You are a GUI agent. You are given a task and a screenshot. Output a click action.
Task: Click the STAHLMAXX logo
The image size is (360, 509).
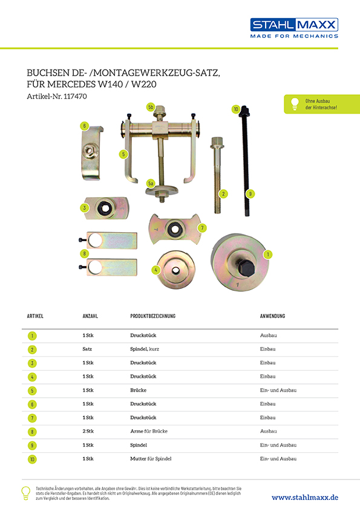(294, 28)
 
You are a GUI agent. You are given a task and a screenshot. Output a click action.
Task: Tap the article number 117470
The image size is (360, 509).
(76, 96)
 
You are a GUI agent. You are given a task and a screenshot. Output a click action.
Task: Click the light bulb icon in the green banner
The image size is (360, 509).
(295, 103)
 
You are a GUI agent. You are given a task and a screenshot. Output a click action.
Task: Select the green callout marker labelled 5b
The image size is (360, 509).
(151, 107)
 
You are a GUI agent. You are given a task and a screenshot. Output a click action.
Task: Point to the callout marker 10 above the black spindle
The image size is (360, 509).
(236, 109)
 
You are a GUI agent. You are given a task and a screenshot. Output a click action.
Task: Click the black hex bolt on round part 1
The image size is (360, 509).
(247, 268)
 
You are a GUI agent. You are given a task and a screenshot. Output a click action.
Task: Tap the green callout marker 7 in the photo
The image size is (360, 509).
(202, 228)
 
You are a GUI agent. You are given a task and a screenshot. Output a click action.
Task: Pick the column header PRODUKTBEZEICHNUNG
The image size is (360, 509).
(152, 316)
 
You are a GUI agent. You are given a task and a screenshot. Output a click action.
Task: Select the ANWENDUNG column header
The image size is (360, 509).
(272, 316)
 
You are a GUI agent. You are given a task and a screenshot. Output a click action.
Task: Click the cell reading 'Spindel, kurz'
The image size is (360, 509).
(145, 349)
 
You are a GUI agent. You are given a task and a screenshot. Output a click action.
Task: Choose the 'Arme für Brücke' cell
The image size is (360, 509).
(149, 432)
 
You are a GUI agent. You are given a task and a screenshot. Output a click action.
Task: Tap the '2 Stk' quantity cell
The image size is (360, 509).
(88, 432)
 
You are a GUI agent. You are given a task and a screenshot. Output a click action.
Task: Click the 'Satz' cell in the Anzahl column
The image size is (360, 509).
(87, 349)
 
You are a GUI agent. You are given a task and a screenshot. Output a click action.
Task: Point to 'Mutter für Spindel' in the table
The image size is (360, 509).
(151, 459)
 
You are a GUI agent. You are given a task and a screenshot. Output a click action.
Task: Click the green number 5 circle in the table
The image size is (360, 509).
(32, 391)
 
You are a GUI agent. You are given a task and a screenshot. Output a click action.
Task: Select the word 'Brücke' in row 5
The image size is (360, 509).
(139, 390)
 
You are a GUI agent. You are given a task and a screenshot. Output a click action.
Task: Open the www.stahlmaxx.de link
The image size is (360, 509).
(305, 498)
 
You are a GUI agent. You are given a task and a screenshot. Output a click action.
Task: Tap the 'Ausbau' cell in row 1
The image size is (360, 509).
(269, 336)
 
